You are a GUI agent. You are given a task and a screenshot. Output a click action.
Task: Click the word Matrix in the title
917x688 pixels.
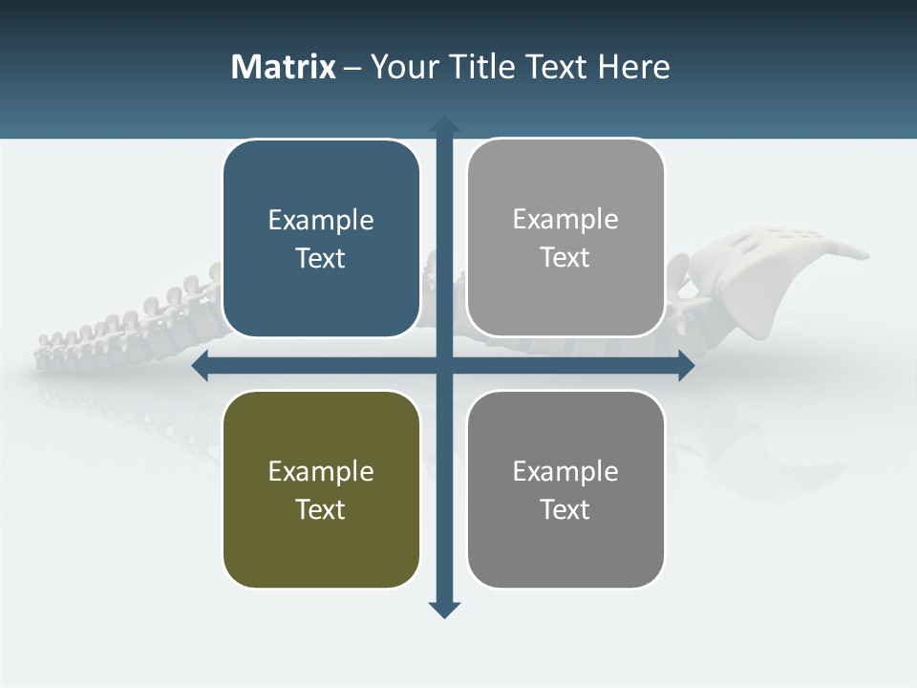click(283, 67)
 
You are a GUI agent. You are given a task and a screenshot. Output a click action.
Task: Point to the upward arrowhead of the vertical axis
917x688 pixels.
click(444, 124)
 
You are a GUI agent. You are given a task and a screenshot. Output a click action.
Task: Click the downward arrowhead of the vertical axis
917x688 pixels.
click(444, 610)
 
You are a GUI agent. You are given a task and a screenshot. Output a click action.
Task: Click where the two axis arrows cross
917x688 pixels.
click(444, 365)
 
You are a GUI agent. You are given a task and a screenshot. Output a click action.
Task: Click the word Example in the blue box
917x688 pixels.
click(321, 220)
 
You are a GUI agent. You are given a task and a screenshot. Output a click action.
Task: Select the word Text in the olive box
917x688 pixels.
click(321, 509)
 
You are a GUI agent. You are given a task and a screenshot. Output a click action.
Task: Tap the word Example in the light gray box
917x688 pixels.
click(565, 219)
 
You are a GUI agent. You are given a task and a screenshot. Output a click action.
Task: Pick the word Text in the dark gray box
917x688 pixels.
click(565, 509)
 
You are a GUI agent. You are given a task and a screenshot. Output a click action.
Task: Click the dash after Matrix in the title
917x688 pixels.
click(352, 68)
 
